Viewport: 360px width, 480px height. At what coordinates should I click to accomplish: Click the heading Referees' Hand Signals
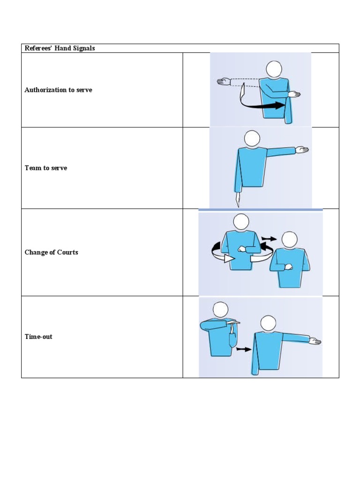click(x=60, y=48)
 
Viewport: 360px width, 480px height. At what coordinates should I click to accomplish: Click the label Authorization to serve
click(x=58, y=90)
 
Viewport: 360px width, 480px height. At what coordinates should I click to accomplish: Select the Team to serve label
click(x=46, y=168)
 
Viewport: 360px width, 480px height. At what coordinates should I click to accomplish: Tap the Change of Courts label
click(x=52, y=252)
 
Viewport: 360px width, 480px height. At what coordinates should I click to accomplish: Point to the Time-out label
click(x=38, y=337)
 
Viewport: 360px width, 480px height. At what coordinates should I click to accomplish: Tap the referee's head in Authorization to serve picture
click(x=274, y=69)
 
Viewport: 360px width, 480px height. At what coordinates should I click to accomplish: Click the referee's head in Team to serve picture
click(x=252, y=138)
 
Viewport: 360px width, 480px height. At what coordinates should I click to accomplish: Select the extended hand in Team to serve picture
click(x=301, y=150)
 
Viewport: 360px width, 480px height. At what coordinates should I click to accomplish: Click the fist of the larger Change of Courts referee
click(x=242, y=249)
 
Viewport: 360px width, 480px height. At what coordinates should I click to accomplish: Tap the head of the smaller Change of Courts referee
click(x=289, y=240)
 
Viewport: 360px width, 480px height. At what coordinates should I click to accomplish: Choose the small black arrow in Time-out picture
click(x=242, y=349)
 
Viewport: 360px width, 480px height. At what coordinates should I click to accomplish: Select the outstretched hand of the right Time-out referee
click(x=315, y=341)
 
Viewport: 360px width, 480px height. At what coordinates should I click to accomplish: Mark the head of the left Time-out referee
click(x=220, y=309)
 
